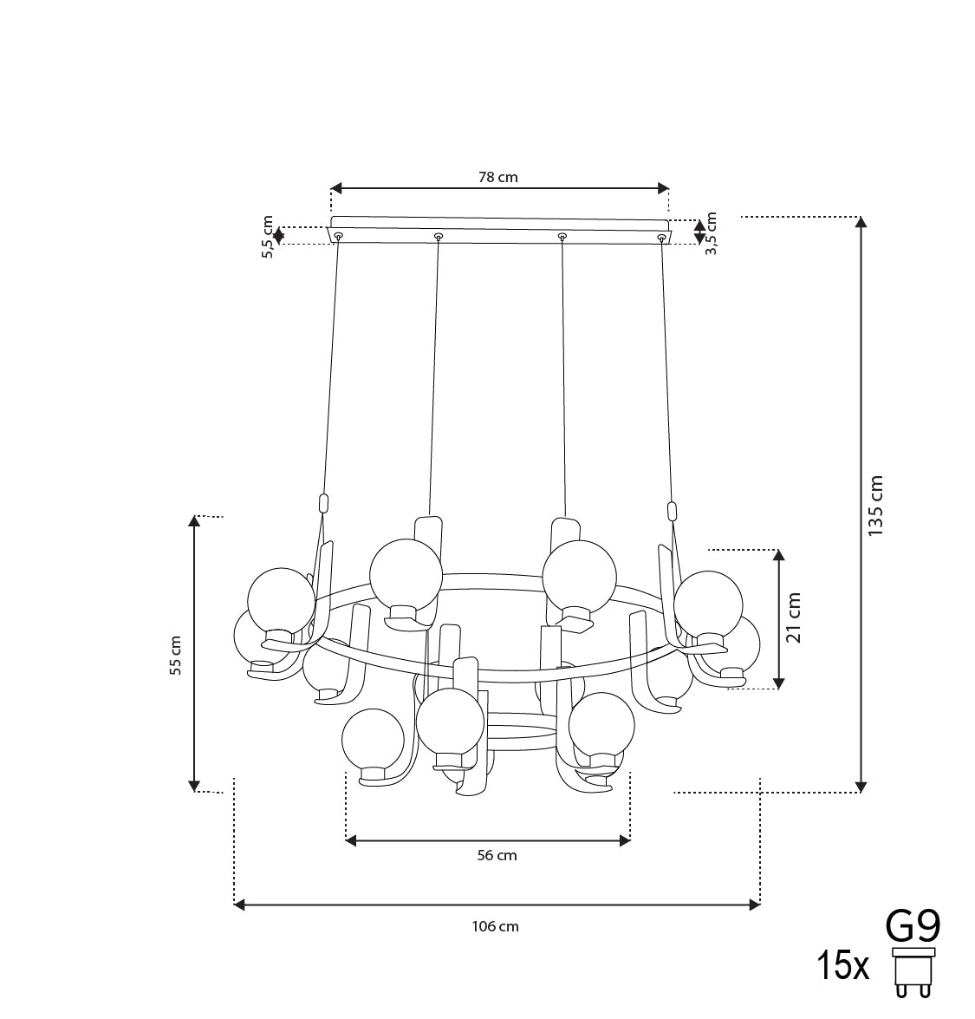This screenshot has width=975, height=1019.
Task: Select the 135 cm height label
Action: [x=876, y=505]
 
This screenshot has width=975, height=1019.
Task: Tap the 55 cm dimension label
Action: [x=176, y=656]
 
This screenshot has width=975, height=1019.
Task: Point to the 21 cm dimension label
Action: [x=794, y=618]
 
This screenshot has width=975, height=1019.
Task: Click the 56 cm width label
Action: [x=497, y=855]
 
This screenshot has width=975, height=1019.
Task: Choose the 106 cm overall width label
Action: [x=496, y=926]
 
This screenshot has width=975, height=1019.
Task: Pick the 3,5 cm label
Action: [x=712, y=232]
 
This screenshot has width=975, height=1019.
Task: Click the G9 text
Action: [x=913, y=926]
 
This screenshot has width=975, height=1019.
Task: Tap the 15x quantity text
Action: [x=842, y=965]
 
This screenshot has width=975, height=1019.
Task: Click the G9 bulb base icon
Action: [x=913, y=973]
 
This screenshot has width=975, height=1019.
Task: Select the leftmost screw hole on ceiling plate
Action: [x=338, y=237]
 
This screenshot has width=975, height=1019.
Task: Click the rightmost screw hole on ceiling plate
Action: [x=662, y=237]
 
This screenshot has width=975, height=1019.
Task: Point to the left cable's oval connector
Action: [x=324, y=503]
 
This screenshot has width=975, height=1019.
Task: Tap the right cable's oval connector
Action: [x=672, y=510]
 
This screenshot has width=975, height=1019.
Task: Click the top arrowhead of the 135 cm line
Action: [x=861, y=221]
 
